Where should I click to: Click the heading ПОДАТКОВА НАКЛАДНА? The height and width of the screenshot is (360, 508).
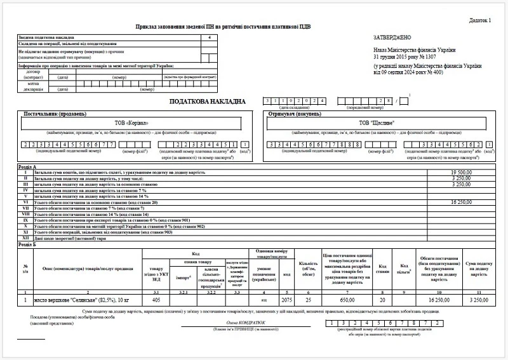pyautogui.click(x=206, y=102)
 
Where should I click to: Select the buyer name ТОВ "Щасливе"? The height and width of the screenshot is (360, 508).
pyautogui.click(x=377, y=123)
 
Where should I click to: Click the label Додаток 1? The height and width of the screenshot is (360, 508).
pyautogui.click(x=480, y=20)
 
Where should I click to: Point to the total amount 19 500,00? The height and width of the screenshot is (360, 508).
pyautogui.click(x=462, y=172)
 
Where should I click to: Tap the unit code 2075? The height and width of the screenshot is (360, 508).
pyautogui.click(x=286, y=298)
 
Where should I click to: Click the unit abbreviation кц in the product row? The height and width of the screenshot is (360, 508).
pyautogui.click(x=264, y=298)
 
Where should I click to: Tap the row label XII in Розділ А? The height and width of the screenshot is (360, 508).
pyautogui.click(x=25, y=237)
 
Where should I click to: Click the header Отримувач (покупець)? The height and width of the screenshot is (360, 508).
pyautogui.click(x=293, y=113)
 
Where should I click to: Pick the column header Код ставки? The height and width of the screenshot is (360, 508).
pyautogui.click(x=383, y=268)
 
